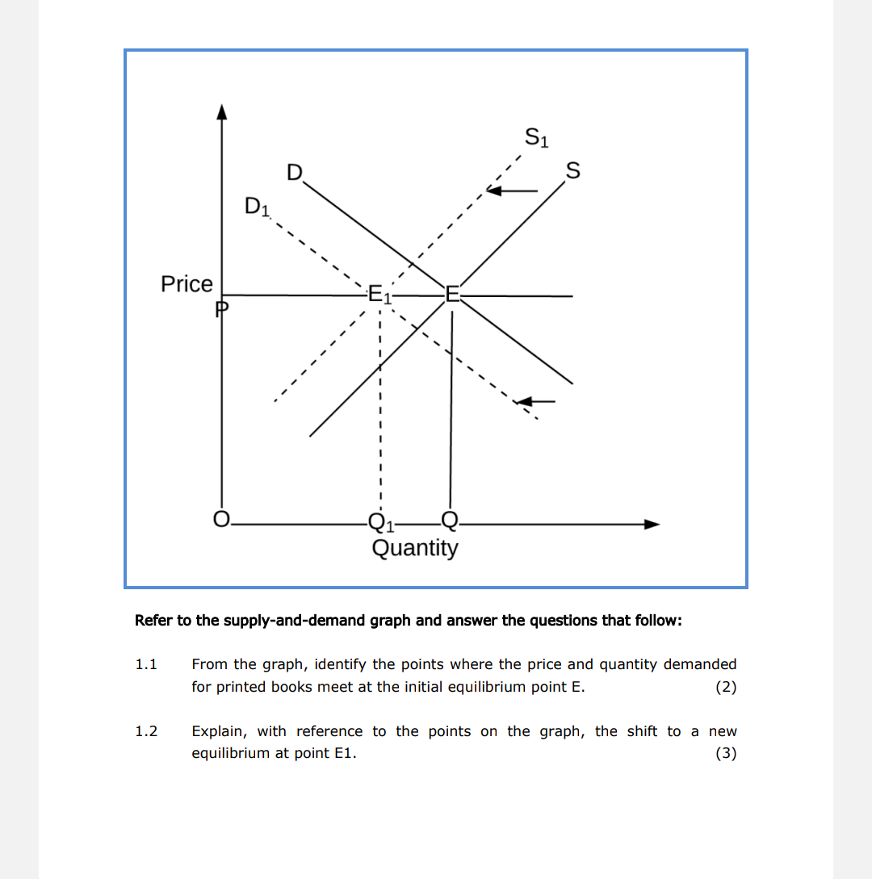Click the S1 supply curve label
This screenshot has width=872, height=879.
[537, 137]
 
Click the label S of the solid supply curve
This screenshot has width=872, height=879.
[572, 171]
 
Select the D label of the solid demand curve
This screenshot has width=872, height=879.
[295, 173]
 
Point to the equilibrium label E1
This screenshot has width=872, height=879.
[379, 294]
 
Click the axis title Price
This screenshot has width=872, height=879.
[187, 284]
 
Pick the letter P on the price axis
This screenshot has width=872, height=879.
[222, 308]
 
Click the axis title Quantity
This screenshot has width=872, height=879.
[415, 548]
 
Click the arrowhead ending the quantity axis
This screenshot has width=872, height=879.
[652, 524]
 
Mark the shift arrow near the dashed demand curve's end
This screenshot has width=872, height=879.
[536, 400]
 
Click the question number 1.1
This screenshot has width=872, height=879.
[145, 664]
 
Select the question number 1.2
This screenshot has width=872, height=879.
[145, 731]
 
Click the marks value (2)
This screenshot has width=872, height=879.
[726, 687]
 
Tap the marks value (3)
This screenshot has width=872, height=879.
[726, 754]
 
